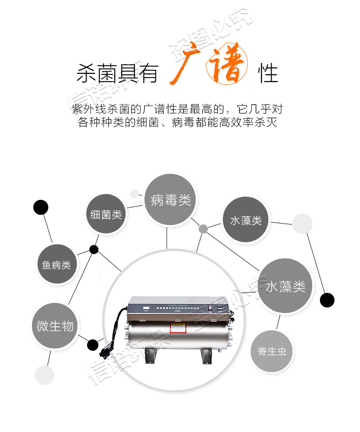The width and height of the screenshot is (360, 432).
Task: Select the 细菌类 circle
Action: coord(106,214)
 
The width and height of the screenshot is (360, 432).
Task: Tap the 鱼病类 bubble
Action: coord(57,264)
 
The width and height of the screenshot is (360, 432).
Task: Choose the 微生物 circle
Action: coord(55,326)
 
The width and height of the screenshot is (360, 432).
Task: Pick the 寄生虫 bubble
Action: coord(271,351)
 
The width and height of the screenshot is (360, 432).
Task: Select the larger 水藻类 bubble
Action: coord(285,286)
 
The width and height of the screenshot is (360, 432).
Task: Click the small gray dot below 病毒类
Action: coord(203,229)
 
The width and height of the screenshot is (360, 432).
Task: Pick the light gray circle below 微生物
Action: coord(45,375)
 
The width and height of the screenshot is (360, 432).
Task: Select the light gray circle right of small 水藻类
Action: coord(302,224)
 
